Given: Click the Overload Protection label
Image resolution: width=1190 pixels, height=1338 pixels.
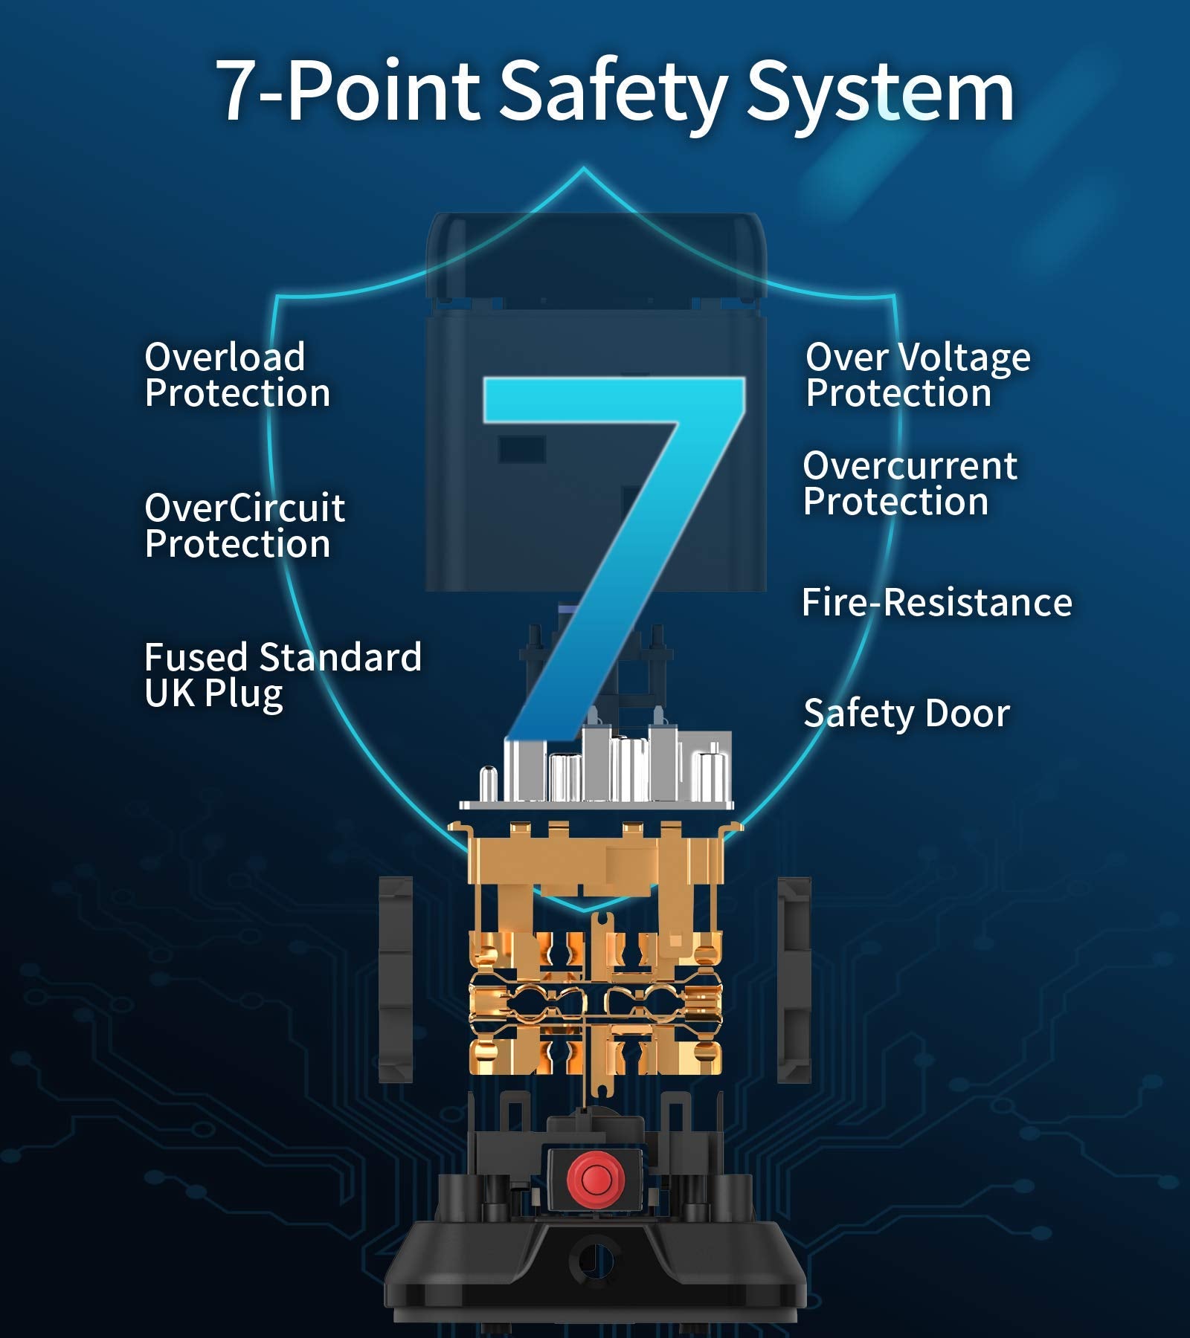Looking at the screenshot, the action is [x=237, y=375].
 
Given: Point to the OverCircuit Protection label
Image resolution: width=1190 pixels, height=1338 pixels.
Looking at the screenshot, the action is [x=245, y=525].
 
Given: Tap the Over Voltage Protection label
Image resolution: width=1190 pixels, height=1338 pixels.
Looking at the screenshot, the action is [x=918, y=375].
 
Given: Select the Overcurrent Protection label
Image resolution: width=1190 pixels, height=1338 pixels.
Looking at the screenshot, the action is [x=910, y=483].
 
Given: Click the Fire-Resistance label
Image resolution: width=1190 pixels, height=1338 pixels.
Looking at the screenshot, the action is [x=937, y=602].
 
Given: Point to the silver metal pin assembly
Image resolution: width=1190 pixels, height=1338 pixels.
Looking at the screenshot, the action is [x=596, y=769].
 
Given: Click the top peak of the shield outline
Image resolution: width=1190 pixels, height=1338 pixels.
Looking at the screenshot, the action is [x=584, y=169].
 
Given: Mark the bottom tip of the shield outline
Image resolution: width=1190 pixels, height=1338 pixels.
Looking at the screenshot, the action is [x=584, y=910].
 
